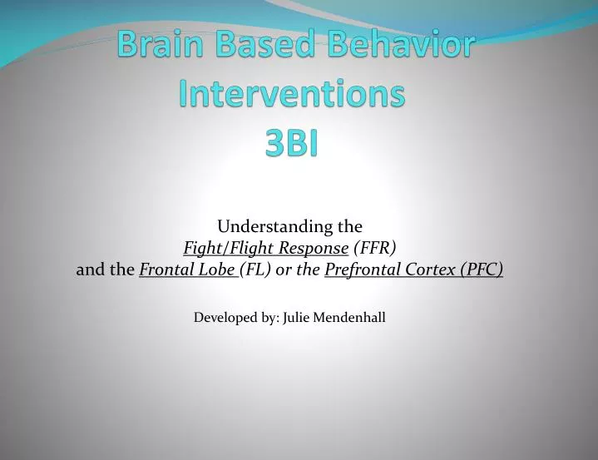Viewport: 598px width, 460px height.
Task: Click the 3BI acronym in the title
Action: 292,143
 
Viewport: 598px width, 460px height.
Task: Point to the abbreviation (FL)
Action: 255,270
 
